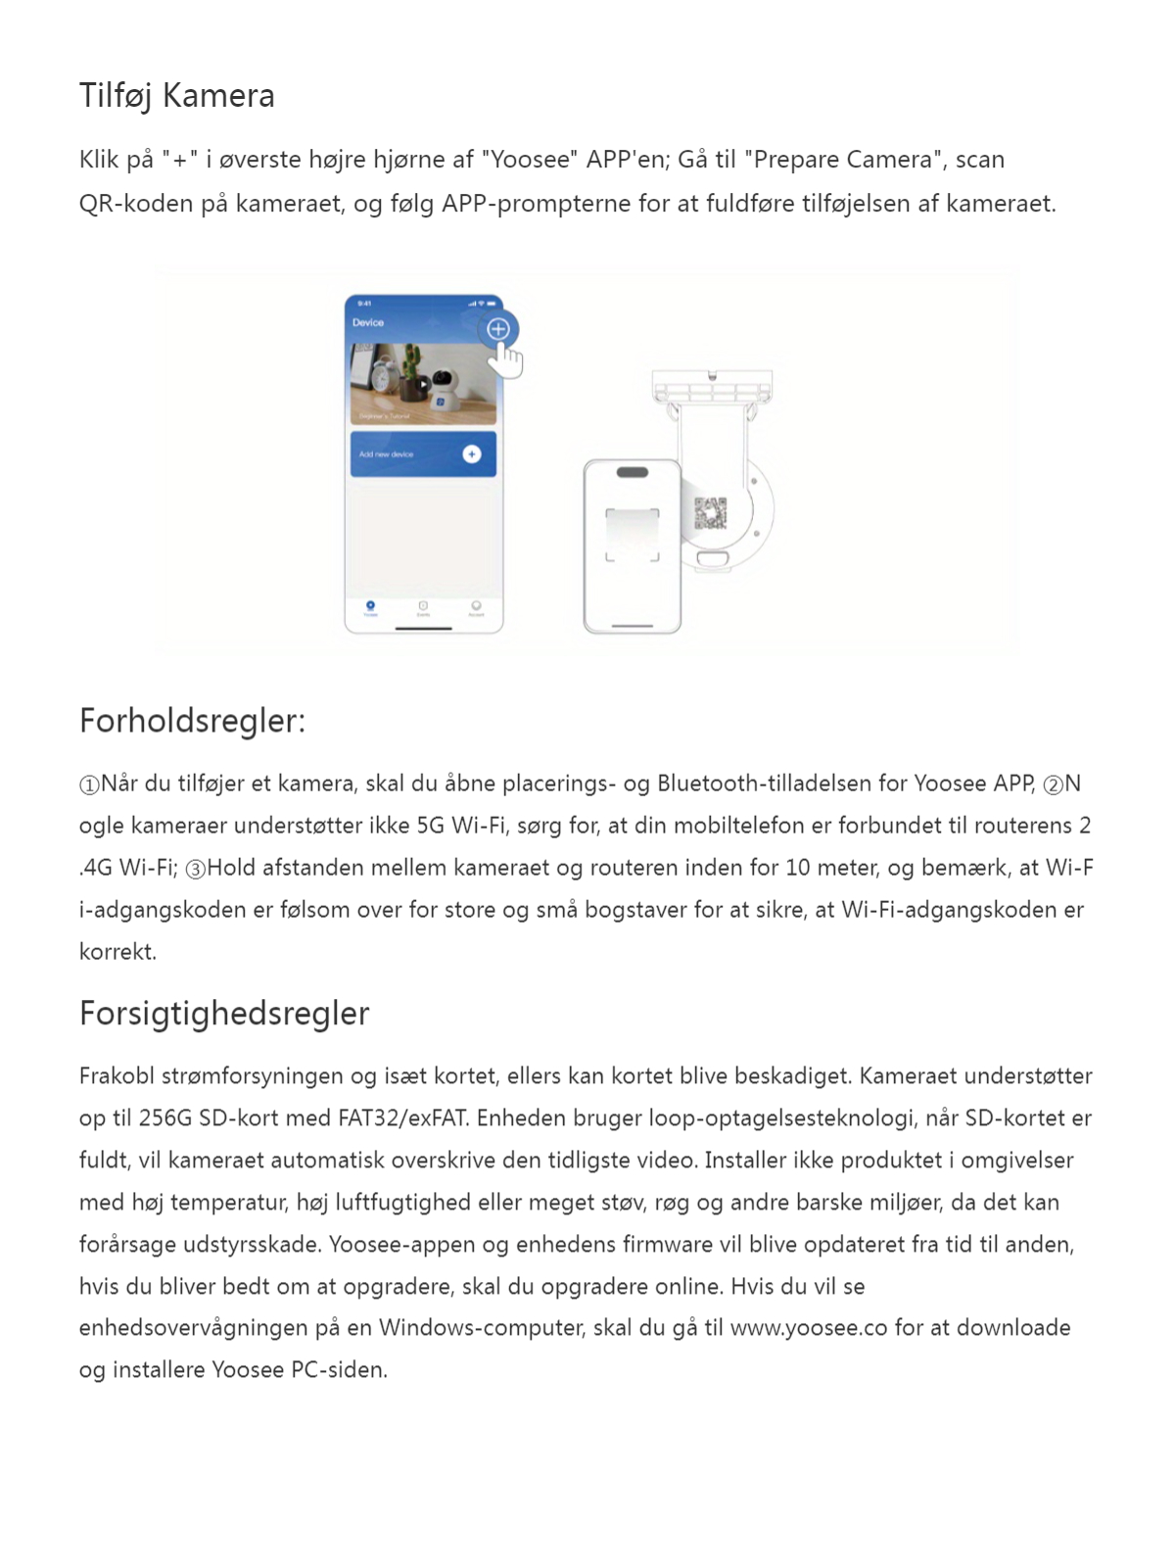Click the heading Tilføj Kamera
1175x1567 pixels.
pos(176,96)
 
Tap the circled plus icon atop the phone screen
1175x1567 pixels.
pos(498,329)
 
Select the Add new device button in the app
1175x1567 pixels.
pos(423,454)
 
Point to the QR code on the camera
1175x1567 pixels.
pos(711,513)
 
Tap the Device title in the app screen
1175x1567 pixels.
pos(368,322)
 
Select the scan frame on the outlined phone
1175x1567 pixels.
pos(632,534)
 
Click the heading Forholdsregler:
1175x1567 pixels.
pos(192,721)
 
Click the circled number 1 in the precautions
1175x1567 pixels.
pos(89,784)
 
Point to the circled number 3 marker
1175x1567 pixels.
pos(196,869)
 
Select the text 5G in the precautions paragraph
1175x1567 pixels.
pos(431,826)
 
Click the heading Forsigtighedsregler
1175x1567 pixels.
pos(224,1014)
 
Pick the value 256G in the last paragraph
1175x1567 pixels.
pos(165,1118)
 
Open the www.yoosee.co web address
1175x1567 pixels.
pos(809,1328)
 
